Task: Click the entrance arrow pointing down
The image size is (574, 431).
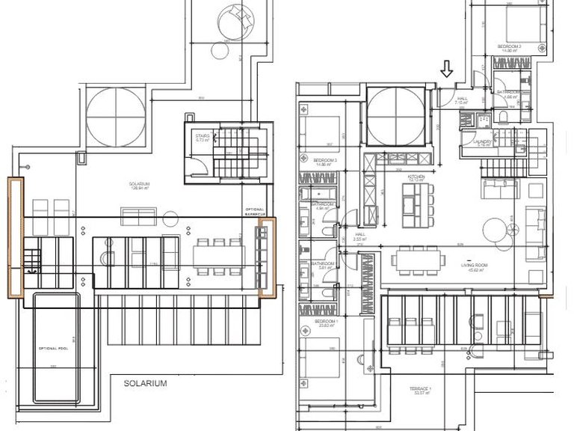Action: pos(446,70)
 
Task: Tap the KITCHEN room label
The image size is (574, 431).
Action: pos(416,177)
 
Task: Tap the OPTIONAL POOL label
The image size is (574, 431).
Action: pos(53,349)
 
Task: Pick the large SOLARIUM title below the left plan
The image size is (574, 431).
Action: pos(145,383)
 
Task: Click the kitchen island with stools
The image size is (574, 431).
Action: pos(412,204)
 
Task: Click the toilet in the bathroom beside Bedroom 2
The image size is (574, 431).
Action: pos(503,117)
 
